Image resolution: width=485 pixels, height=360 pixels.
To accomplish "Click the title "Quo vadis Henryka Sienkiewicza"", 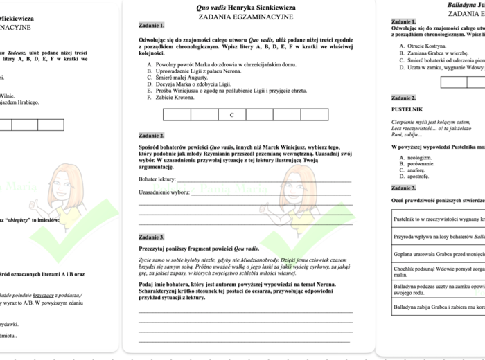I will (x=245, y=8).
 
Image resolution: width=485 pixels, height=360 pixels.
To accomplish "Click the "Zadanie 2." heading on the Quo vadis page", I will (x=152, y=136).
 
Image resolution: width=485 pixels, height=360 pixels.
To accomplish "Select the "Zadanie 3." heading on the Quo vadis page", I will (x=152, y=237).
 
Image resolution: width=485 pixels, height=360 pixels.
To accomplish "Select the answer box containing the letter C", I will (x=232, y=115).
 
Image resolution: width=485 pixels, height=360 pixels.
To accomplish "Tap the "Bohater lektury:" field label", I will (x=157, y=179).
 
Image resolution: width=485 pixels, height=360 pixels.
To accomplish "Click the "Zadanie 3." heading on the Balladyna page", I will (x=404, y=188).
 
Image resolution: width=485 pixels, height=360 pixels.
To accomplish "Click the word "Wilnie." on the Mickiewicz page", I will (x=7, y=96).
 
